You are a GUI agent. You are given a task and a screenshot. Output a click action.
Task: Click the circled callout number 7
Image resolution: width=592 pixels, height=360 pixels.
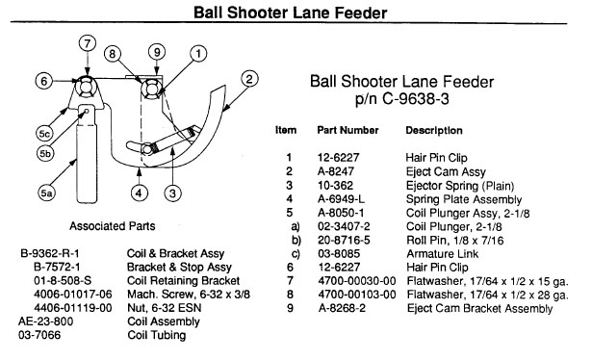[x=88, y=43]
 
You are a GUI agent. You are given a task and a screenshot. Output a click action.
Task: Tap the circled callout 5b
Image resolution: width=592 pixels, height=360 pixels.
[x=45, y=154]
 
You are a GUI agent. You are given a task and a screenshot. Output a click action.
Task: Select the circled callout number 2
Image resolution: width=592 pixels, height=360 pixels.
[x=249, y=79]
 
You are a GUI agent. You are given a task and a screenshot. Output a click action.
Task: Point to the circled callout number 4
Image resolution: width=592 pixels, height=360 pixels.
[x=139, y=193]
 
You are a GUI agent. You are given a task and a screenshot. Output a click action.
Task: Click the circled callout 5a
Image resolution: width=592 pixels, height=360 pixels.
[x=46, y=193]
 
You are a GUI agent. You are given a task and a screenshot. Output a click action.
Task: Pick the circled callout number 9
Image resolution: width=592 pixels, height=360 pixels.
[x=157, y=52]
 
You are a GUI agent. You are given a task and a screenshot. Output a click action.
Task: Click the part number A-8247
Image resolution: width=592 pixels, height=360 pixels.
[x=336, y=171]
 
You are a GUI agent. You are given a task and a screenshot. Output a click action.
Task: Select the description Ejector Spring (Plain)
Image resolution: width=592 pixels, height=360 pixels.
[x=460, y=186]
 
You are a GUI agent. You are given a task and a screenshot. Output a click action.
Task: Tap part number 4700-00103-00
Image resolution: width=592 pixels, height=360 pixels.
[x=357, y=295]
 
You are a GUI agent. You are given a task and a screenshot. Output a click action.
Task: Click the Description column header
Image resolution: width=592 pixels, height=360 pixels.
[x=434, y=131]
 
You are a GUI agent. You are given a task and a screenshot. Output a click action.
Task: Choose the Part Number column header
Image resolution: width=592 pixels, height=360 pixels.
[x=347, y=130]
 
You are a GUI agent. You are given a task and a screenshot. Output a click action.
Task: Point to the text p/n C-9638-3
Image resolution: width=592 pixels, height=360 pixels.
[x=401, y=99]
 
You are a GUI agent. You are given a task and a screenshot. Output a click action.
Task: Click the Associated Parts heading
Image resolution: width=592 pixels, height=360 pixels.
[x=112, y=226]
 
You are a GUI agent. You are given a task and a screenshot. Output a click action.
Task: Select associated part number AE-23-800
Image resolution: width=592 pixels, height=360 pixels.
[x=45, y=321]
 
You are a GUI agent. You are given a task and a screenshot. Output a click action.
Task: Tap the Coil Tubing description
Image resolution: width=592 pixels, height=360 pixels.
[x=157, y=335]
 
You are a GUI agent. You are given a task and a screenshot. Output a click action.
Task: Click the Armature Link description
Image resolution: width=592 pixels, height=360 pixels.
[x=442, y=253]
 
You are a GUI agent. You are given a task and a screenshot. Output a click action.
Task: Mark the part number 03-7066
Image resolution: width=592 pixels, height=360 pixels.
[x=39, y=335]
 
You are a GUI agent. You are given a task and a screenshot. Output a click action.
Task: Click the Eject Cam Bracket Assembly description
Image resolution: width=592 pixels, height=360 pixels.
[x=479, y=308]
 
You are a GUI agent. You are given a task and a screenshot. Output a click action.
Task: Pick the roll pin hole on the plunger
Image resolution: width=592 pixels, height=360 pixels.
[x=87, y=111]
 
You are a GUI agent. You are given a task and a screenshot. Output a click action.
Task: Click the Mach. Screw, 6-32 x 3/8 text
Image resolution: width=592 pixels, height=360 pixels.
[x=189, y=295]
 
